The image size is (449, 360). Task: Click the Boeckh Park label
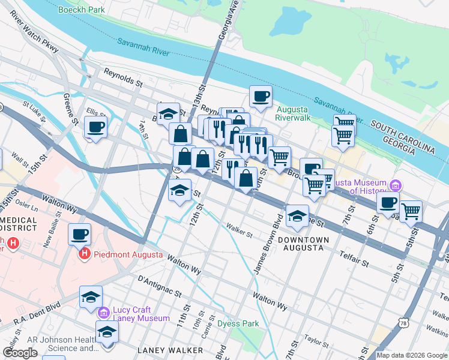click(x=82, y=10)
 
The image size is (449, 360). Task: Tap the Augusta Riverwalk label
click(x=292, y=113)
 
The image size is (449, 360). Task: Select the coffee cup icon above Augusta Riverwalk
click(x=261, y=96)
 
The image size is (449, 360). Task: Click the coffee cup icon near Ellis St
click(x=95, y=127)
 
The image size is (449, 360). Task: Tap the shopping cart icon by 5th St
click(x=411, y=211)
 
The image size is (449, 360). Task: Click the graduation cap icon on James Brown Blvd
click(x=297, y=216)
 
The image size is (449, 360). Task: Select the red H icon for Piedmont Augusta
click(x=85, y=254)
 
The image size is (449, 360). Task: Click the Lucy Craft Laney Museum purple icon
click(x=104, y=312)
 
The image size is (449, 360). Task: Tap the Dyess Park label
click(x=238, y=323)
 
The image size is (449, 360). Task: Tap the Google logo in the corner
click(x=20, y=353)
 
